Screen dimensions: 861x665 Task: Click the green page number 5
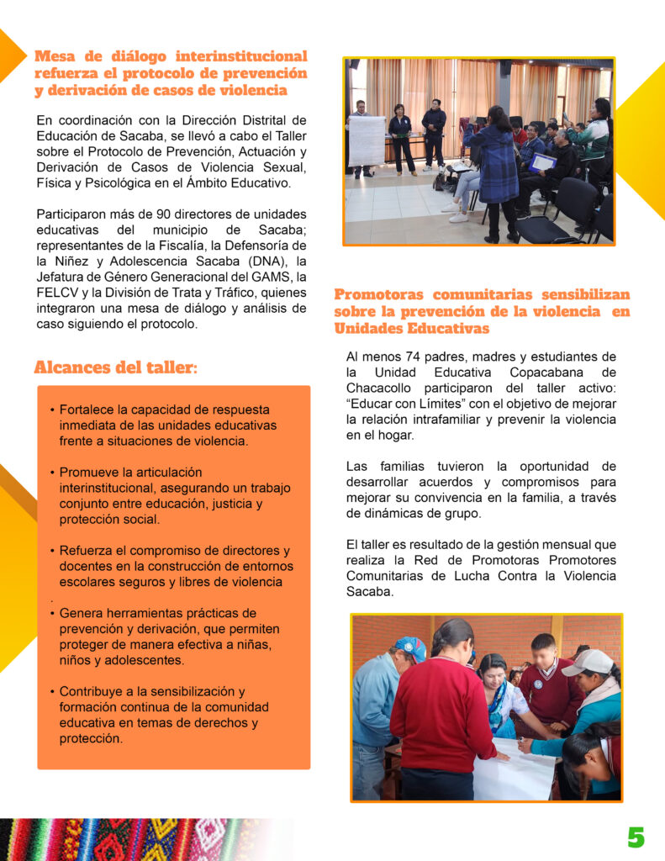click(636, 837)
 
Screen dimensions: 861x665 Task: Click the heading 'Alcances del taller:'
click(116, 367)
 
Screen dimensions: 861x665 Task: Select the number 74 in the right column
click(415, 357)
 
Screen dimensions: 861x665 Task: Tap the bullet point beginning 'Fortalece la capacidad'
click(164, 425)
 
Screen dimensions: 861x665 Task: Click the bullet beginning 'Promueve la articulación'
click(164, 496)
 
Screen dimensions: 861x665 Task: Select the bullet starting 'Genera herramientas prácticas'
click(164, 637)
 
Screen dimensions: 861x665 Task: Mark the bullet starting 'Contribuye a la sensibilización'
click(164, 715)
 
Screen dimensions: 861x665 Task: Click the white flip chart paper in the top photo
click(367, 140)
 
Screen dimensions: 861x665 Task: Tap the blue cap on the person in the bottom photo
click(409, 647)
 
